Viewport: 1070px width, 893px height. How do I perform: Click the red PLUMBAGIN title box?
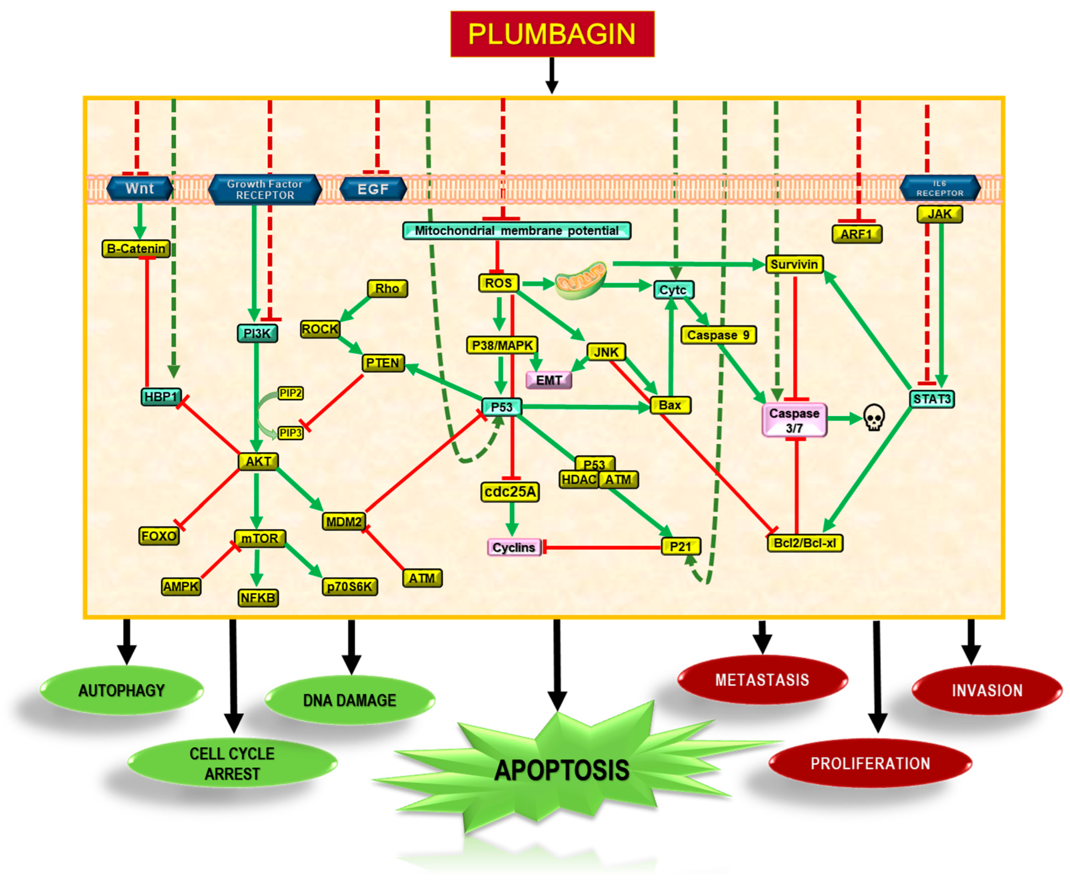[552, 34]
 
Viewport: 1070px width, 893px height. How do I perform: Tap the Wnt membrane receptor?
[139, 189]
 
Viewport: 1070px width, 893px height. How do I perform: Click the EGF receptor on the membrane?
[373, 189]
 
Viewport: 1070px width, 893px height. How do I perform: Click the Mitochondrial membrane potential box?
[516, 230]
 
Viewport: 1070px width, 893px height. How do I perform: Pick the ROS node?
[498, 283]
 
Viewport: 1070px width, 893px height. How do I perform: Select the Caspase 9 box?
[718, 335]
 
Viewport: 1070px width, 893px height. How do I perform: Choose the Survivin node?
[794, 264]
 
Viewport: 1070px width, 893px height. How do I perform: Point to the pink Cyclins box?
[513, 547]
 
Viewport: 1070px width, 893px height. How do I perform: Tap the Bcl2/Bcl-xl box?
[805, 543]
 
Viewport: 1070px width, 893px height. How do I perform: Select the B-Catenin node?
[136, 249]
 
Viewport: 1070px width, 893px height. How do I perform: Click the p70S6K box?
[350, 587]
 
